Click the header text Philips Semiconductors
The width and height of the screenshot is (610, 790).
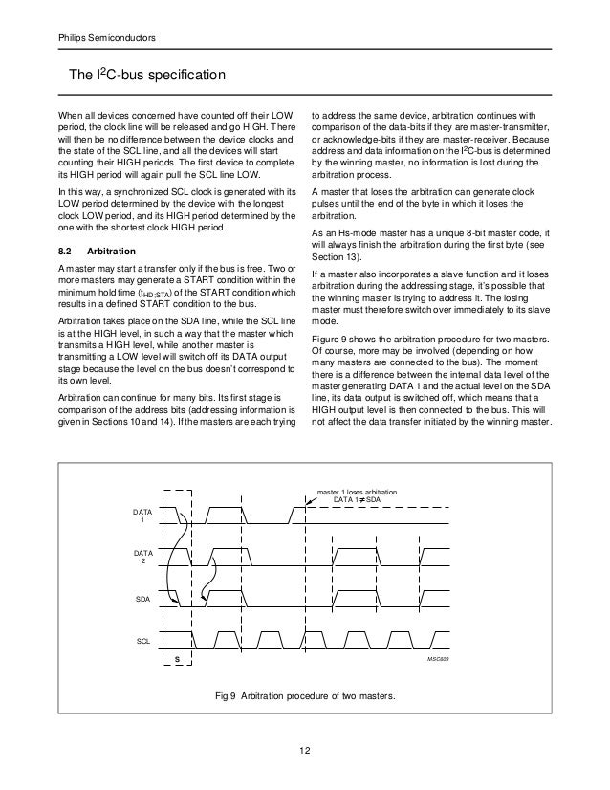(x=100, y=38)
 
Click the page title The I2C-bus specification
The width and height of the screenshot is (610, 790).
(x=144, y=75)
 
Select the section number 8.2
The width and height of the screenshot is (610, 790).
(x=67, y=251)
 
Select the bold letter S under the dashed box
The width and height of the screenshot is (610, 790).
(x=177, y=661)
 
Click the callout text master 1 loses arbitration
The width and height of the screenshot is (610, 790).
(x=372, y=492)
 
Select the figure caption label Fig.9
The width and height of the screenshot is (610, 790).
(x=228, y=695)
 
